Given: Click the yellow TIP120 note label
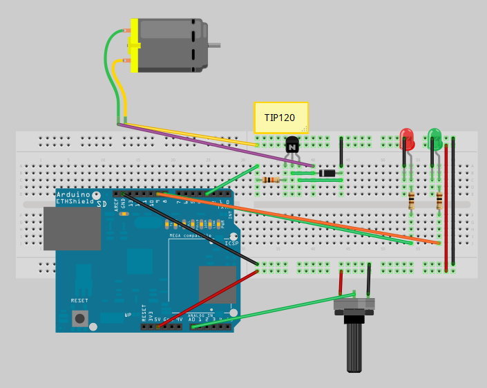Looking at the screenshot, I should tap(280, 118).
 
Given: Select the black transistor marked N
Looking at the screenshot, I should tap(292, 145).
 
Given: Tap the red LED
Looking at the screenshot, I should tap(407, 139).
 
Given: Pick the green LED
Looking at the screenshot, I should tap(435, 138).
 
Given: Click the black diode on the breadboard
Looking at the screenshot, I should tap(327, 173).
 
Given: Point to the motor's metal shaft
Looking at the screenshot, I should tap(214, 46).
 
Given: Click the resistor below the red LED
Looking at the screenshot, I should tap(412, 201).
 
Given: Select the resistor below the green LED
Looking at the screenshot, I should tap(439, 201).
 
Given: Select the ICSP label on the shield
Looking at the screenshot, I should tap(231, 243).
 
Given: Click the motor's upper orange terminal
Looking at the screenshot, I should tap(127, 31).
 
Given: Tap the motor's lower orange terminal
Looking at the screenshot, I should tap(127, 61).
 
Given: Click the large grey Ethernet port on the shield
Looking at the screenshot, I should tap(72, 228).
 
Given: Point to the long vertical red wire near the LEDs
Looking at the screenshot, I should tap(446, 207).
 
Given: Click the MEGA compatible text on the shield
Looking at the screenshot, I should tap(190, 237).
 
